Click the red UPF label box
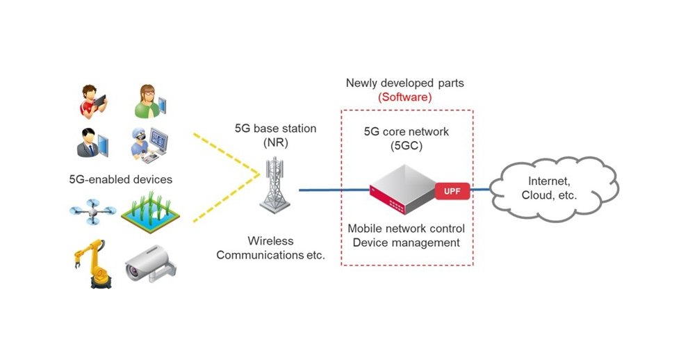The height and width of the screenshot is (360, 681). coord(452,190)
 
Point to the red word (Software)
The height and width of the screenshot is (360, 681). coord(404,97)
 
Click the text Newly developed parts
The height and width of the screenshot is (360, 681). coord(404,83)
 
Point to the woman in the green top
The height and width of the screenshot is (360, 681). coord(149,102)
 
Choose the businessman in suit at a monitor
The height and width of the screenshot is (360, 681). coord(92,142)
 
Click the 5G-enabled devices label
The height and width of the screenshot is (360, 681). coord(120,179)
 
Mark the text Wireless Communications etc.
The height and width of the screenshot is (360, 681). coord(271,248)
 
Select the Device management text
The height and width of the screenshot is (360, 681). coord(406,243)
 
